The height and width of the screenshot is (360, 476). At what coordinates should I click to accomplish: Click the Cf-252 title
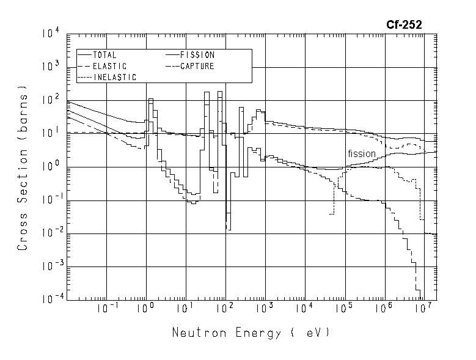tap(403, 25)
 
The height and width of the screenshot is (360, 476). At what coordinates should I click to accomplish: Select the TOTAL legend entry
tap(104, 55)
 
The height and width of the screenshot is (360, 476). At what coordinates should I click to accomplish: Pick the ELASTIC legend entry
tap(109, 66)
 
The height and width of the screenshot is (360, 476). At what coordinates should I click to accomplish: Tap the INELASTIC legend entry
tap(114, 77)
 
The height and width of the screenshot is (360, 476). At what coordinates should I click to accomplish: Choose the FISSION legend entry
tap(196, 55)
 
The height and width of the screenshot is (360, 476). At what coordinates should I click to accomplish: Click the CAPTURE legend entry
tap(196, 66)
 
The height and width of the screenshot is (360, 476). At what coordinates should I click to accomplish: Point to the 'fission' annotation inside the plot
tap(362, 154)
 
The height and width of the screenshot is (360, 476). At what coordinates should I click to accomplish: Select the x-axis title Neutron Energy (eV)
tap(251, 333)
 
